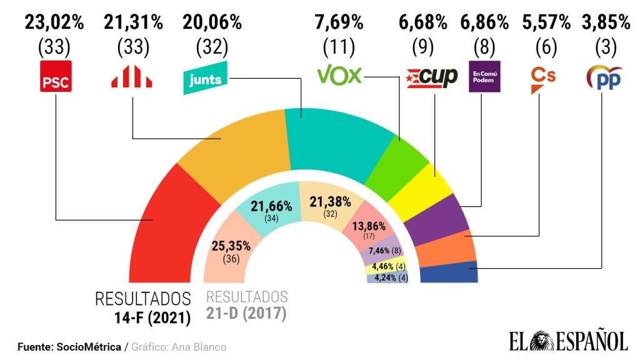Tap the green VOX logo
click(339, 76)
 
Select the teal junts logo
click(206, 78)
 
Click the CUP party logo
click(432, 77)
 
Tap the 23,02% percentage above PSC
click(55, 23)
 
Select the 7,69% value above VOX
click(339, 23)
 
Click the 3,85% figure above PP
click(606, 23)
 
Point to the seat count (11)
click(339, 46)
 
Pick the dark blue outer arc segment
click(449, 273)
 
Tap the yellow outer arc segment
click(423, 190)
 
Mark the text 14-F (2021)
click(149, 317)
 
